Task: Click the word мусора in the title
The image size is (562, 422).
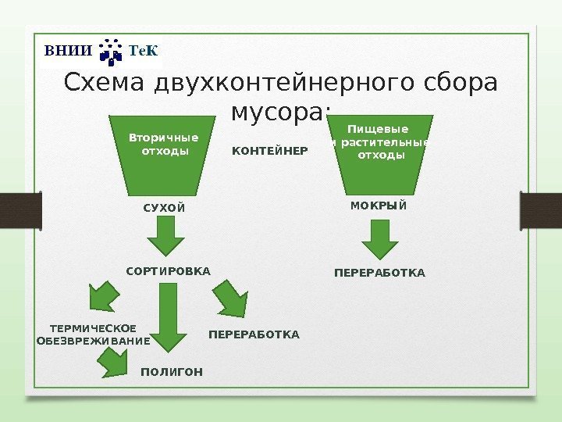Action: tap(278, 111)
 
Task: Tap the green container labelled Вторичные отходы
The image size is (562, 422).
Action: tap(164, 152)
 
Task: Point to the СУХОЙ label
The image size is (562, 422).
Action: tap(164, 208)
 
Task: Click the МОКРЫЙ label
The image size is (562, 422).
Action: tap(379, 206)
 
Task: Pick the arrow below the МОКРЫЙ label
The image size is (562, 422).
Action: tap(379, 240)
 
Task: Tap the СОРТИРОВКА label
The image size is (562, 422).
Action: tap(168, 271)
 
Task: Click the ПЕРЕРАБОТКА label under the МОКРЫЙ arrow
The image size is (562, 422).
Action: tap(379, 274)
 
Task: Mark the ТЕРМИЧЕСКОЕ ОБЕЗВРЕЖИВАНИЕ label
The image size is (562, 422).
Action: tap(93, 334)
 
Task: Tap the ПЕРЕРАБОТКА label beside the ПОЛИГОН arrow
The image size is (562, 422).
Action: tap(254, 334)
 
